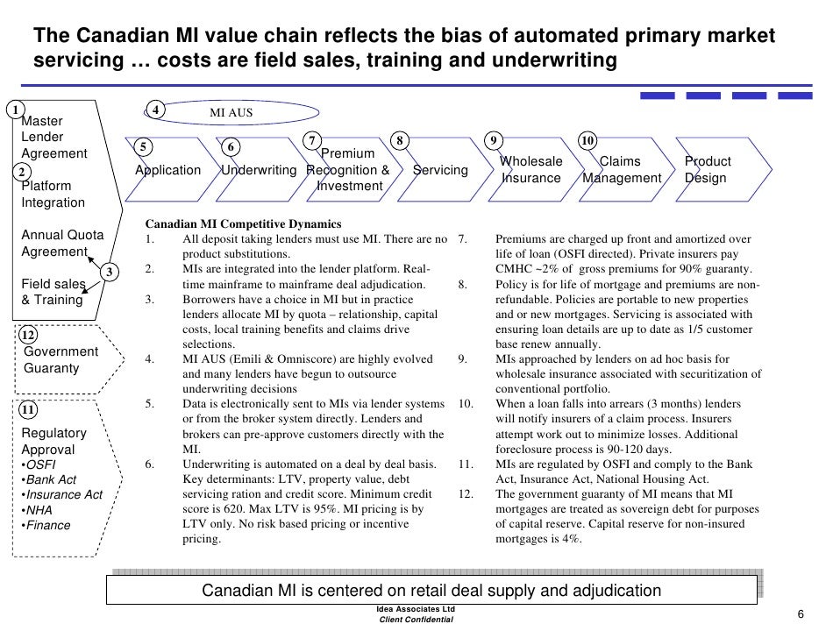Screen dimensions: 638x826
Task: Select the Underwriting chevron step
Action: click(259, 170)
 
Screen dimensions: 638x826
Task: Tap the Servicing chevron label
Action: click(440, 170)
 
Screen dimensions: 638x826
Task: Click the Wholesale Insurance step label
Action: click(530, 170)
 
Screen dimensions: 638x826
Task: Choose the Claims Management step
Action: click(621, 170)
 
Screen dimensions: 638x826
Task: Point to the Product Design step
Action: click(707, 170)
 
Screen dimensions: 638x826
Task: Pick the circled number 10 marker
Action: click(587, 141)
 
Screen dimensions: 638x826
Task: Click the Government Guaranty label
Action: click(60, 360)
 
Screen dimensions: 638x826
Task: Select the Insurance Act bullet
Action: click(61, 495)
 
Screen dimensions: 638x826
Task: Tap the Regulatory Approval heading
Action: click(53, 442)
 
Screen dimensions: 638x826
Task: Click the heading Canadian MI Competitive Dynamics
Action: click(243, 224)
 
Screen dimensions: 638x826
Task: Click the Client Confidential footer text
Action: click(416, 620)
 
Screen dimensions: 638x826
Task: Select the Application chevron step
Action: click(167, 170)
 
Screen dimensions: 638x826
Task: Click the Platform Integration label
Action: click(53, 195)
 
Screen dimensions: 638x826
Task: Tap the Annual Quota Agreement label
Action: click(61, 244)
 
